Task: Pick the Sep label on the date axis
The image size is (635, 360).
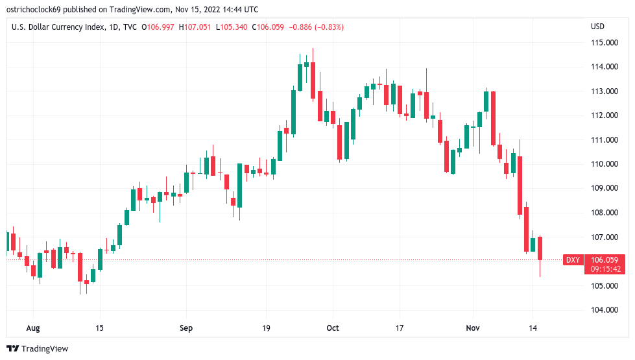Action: tap(186, 328)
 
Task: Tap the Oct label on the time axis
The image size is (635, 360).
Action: tap(333, 328)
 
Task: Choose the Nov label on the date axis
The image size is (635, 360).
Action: tap(473, 328)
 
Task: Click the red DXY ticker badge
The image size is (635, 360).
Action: tap(573, 260)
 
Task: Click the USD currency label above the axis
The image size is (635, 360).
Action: tap(597, 27)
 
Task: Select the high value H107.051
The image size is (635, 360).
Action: tap(198, 27)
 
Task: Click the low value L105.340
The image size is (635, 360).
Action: tap(234, 27)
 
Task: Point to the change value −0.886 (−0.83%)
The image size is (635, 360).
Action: tap(317, 27)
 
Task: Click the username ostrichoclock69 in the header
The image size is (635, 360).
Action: tap(39, 9)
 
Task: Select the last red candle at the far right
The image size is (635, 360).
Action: tap(540, 248)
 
